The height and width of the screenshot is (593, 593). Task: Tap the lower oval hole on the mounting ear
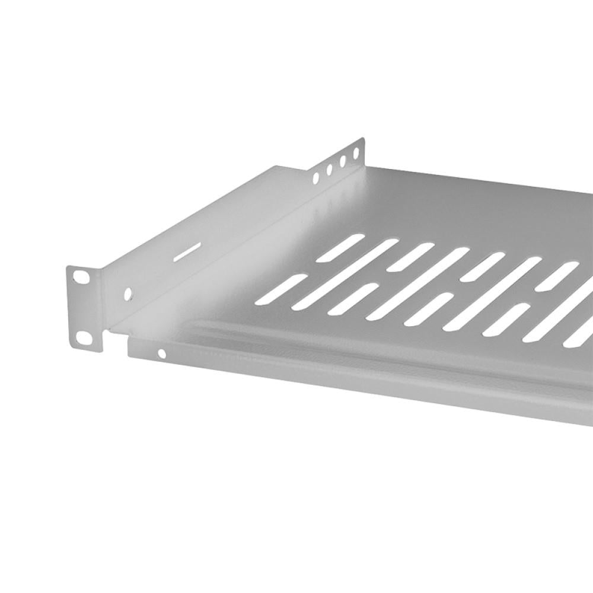pos(84,337)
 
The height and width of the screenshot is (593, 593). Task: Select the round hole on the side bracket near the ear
pos(128,294)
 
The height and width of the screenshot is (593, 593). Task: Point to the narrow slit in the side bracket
pos(186,252)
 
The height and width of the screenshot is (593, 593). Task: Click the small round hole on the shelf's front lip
pos(161,354)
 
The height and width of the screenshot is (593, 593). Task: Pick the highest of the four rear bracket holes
pos(356,154)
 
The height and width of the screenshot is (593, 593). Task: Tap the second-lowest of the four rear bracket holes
pos(329,168)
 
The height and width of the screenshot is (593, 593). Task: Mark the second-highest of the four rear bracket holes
pos(343,161)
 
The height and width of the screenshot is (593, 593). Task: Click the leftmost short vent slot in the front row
pos(280,289)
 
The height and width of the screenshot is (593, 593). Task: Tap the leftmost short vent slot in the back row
pos(340,248)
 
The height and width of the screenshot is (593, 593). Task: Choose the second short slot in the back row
pos(411,257)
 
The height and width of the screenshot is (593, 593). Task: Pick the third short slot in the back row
pos(482,267)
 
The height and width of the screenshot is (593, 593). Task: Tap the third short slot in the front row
pos(428,309)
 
